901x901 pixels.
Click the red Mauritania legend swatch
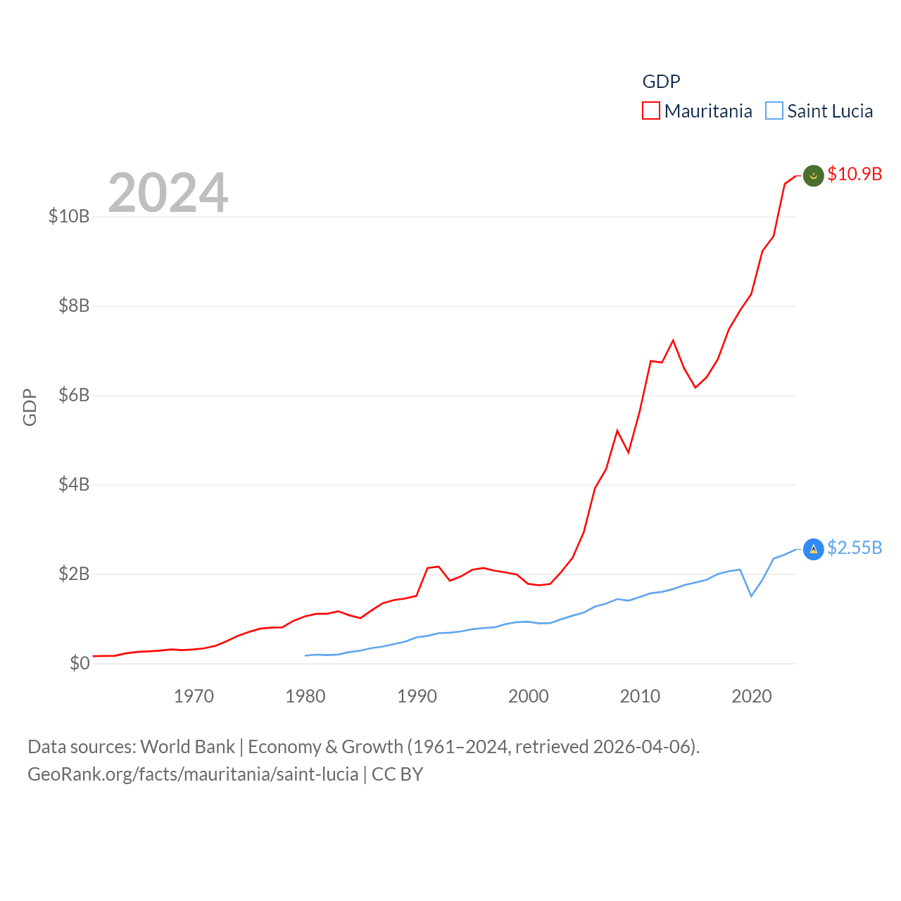tap(650, 111)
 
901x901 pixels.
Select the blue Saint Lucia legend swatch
tap(774, 111)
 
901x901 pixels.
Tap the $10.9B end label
tap(855, 174)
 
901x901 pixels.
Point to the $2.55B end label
tap(855, 548)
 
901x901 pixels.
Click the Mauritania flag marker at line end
tap(814, 175)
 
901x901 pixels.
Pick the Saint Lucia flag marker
tap(814, 549)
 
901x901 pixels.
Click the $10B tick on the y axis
tap(69, 216)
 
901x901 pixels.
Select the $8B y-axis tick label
tap(74, 305)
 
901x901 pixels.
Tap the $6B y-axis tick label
tap(74, 395)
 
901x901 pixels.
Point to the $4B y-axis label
tap(74, 484)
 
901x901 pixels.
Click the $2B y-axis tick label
tap(74, 574)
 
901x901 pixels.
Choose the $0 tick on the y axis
tap(80, 663)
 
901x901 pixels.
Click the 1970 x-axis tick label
tap(194, 696)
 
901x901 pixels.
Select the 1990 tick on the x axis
tap(417, 696)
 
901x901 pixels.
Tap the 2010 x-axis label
tap(640, 696)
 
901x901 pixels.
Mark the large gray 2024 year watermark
tap(168, 193)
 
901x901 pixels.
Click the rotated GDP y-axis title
tap(30, 407)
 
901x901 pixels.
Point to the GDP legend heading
tap(661, 82)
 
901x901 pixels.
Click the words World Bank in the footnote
tap(187, 747)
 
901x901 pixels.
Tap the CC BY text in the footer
tap(397, 774)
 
